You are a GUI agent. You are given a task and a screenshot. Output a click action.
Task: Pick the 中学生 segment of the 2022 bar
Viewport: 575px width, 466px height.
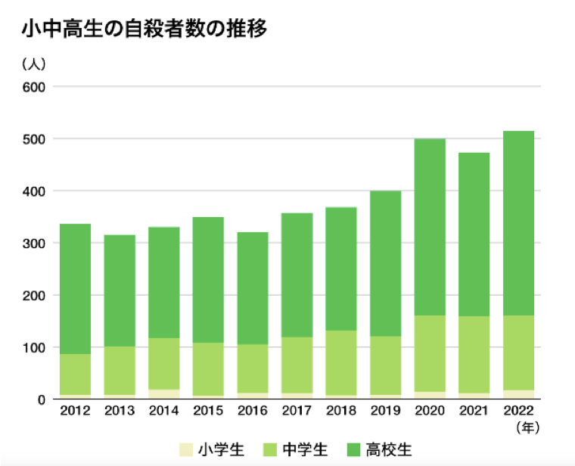click(519, 353)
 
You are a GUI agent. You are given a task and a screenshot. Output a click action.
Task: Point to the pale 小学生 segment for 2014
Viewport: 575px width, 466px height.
click(163, 394)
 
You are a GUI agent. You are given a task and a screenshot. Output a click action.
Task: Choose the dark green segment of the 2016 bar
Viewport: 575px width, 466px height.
click(252, 288)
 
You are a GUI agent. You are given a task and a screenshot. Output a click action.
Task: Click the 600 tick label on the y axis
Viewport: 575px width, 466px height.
click(38, 87)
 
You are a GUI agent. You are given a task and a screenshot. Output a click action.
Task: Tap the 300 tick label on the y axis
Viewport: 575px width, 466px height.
click(38, 244)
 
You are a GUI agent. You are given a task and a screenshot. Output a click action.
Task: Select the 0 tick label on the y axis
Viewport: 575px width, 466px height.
click(42, 399)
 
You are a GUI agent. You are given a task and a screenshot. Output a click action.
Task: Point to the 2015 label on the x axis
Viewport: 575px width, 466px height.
click(208, 412)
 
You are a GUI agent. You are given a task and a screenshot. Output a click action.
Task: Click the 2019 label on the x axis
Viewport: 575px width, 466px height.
click(386, 412)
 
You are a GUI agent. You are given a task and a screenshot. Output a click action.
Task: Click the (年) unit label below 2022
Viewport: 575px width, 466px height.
click(527, 428)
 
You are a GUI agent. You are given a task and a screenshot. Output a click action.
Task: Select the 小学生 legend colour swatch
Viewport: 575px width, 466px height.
click(185, 450)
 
